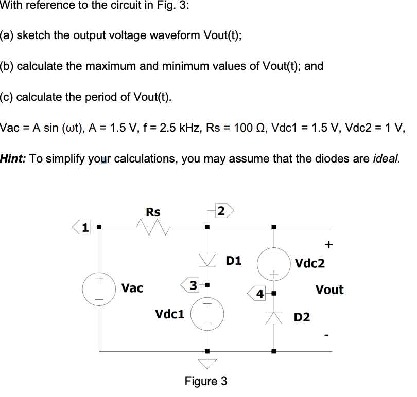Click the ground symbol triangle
click(x=207, y=363)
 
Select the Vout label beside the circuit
click(x=329, y=290)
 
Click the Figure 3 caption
click(x=206, y=382)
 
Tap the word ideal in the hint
click(x=385, y=158)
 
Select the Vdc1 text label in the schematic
click(x=169, y=313)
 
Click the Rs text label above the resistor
click(x=153, y=212)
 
